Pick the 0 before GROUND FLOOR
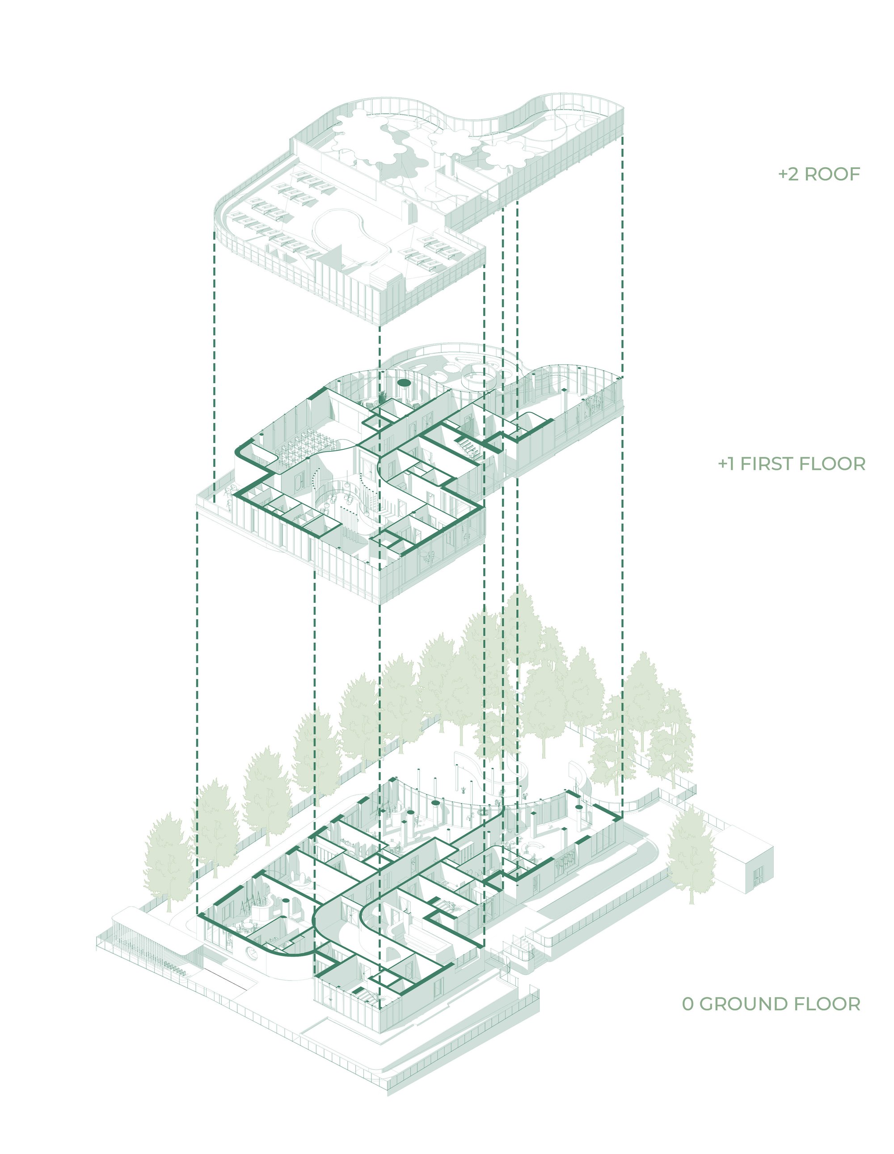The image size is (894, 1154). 687,1003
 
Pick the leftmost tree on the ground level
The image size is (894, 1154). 168,861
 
